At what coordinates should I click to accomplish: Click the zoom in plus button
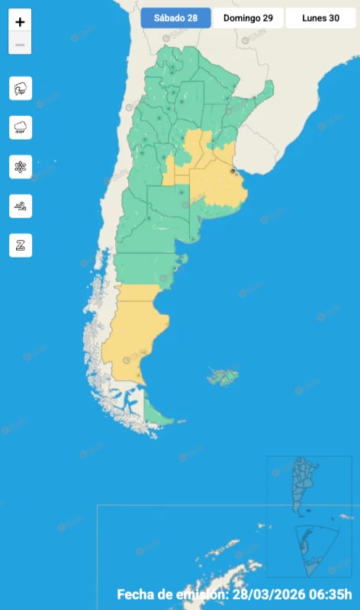[20, 21]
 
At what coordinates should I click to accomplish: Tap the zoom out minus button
[20, 45]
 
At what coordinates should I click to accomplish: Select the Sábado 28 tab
[175, 18]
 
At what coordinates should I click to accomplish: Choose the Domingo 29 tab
[248, 18]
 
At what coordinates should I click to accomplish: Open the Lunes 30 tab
[320, 18]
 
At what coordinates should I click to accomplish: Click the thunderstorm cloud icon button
[21, 88]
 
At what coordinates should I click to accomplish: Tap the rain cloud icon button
[21, 127]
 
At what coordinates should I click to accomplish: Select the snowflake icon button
[21, 166]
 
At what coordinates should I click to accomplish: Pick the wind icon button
[21, 206]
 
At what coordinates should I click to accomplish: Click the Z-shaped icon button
[21, 246]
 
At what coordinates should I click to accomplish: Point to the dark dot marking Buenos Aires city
[233, 172]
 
